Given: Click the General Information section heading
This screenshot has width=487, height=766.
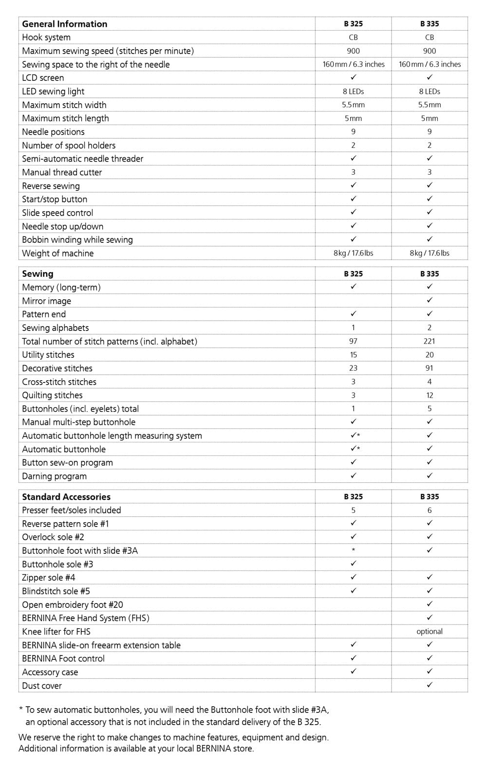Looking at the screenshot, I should click(64, 24).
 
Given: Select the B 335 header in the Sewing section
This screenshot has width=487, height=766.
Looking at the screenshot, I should click(429, 274).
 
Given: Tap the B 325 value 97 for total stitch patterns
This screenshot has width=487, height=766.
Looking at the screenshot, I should click(353, 341).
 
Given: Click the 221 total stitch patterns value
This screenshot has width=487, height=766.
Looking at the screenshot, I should click(429, 341).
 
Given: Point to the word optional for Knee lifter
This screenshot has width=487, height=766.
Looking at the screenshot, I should click(429, 631).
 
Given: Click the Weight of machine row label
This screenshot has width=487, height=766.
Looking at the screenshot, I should click(57, 253).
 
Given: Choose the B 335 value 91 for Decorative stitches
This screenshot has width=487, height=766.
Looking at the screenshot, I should click(429, 368).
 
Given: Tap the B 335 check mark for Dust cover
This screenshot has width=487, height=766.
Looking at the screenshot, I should click(429, 685).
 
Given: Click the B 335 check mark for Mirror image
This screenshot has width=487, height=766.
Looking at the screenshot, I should click(429, 300).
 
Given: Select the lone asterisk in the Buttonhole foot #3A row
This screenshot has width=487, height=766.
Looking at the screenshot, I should click(353, 550).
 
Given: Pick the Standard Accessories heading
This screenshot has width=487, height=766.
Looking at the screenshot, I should click(66, 496).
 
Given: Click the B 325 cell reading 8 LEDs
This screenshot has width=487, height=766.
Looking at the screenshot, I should click(353, 91).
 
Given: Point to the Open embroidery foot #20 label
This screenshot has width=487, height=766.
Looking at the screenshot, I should click(72, 604).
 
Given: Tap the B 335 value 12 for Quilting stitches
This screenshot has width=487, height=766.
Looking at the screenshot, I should click(429, 395).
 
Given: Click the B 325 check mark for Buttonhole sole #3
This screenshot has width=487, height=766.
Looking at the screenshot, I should click(353, 564).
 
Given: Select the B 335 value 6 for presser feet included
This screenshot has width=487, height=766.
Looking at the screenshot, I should click(429, 510).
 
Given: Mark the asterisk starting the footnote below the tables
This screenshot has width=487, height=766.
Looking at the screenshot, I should click(20, 710).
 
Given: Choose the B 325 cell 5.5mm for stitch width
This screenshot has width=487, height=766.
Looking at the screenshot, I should click(353, 105).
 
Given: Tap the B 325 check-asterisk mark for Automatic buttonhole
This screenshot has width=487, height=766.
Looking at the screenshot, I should click(355, 449).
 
